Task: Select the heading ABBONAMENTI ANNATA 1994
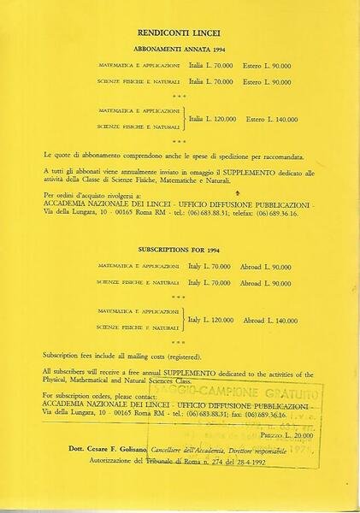[180, 50]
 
